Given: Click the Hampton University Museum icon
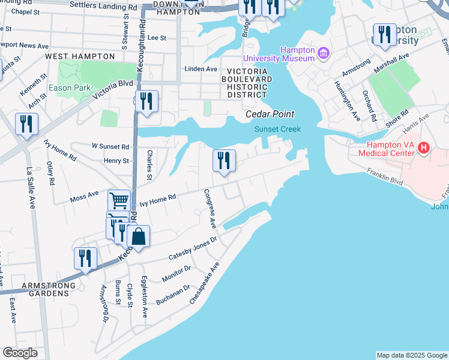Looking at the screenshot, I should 324,54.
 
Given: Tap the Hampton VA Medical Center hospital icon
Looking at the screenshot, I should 424,148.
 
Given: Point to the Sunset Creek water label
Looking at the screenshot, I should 277,129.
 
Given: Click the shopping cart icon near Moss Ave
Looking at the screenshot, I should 119,200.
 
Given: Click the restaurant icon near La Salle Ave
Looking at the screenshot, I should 26,124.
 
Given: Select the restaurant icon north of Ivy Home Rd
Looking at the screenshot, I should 224,160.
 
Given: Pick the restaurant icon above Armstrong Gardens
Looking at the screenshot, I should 85,258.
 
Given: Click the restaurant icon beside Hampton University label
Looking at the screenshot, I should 384,34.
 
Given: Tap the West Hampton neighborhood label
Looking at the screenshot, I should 80,56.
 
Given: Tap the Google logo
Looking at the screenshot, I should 20,353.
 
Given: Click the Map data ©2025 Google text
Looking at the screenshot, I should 412,355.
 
